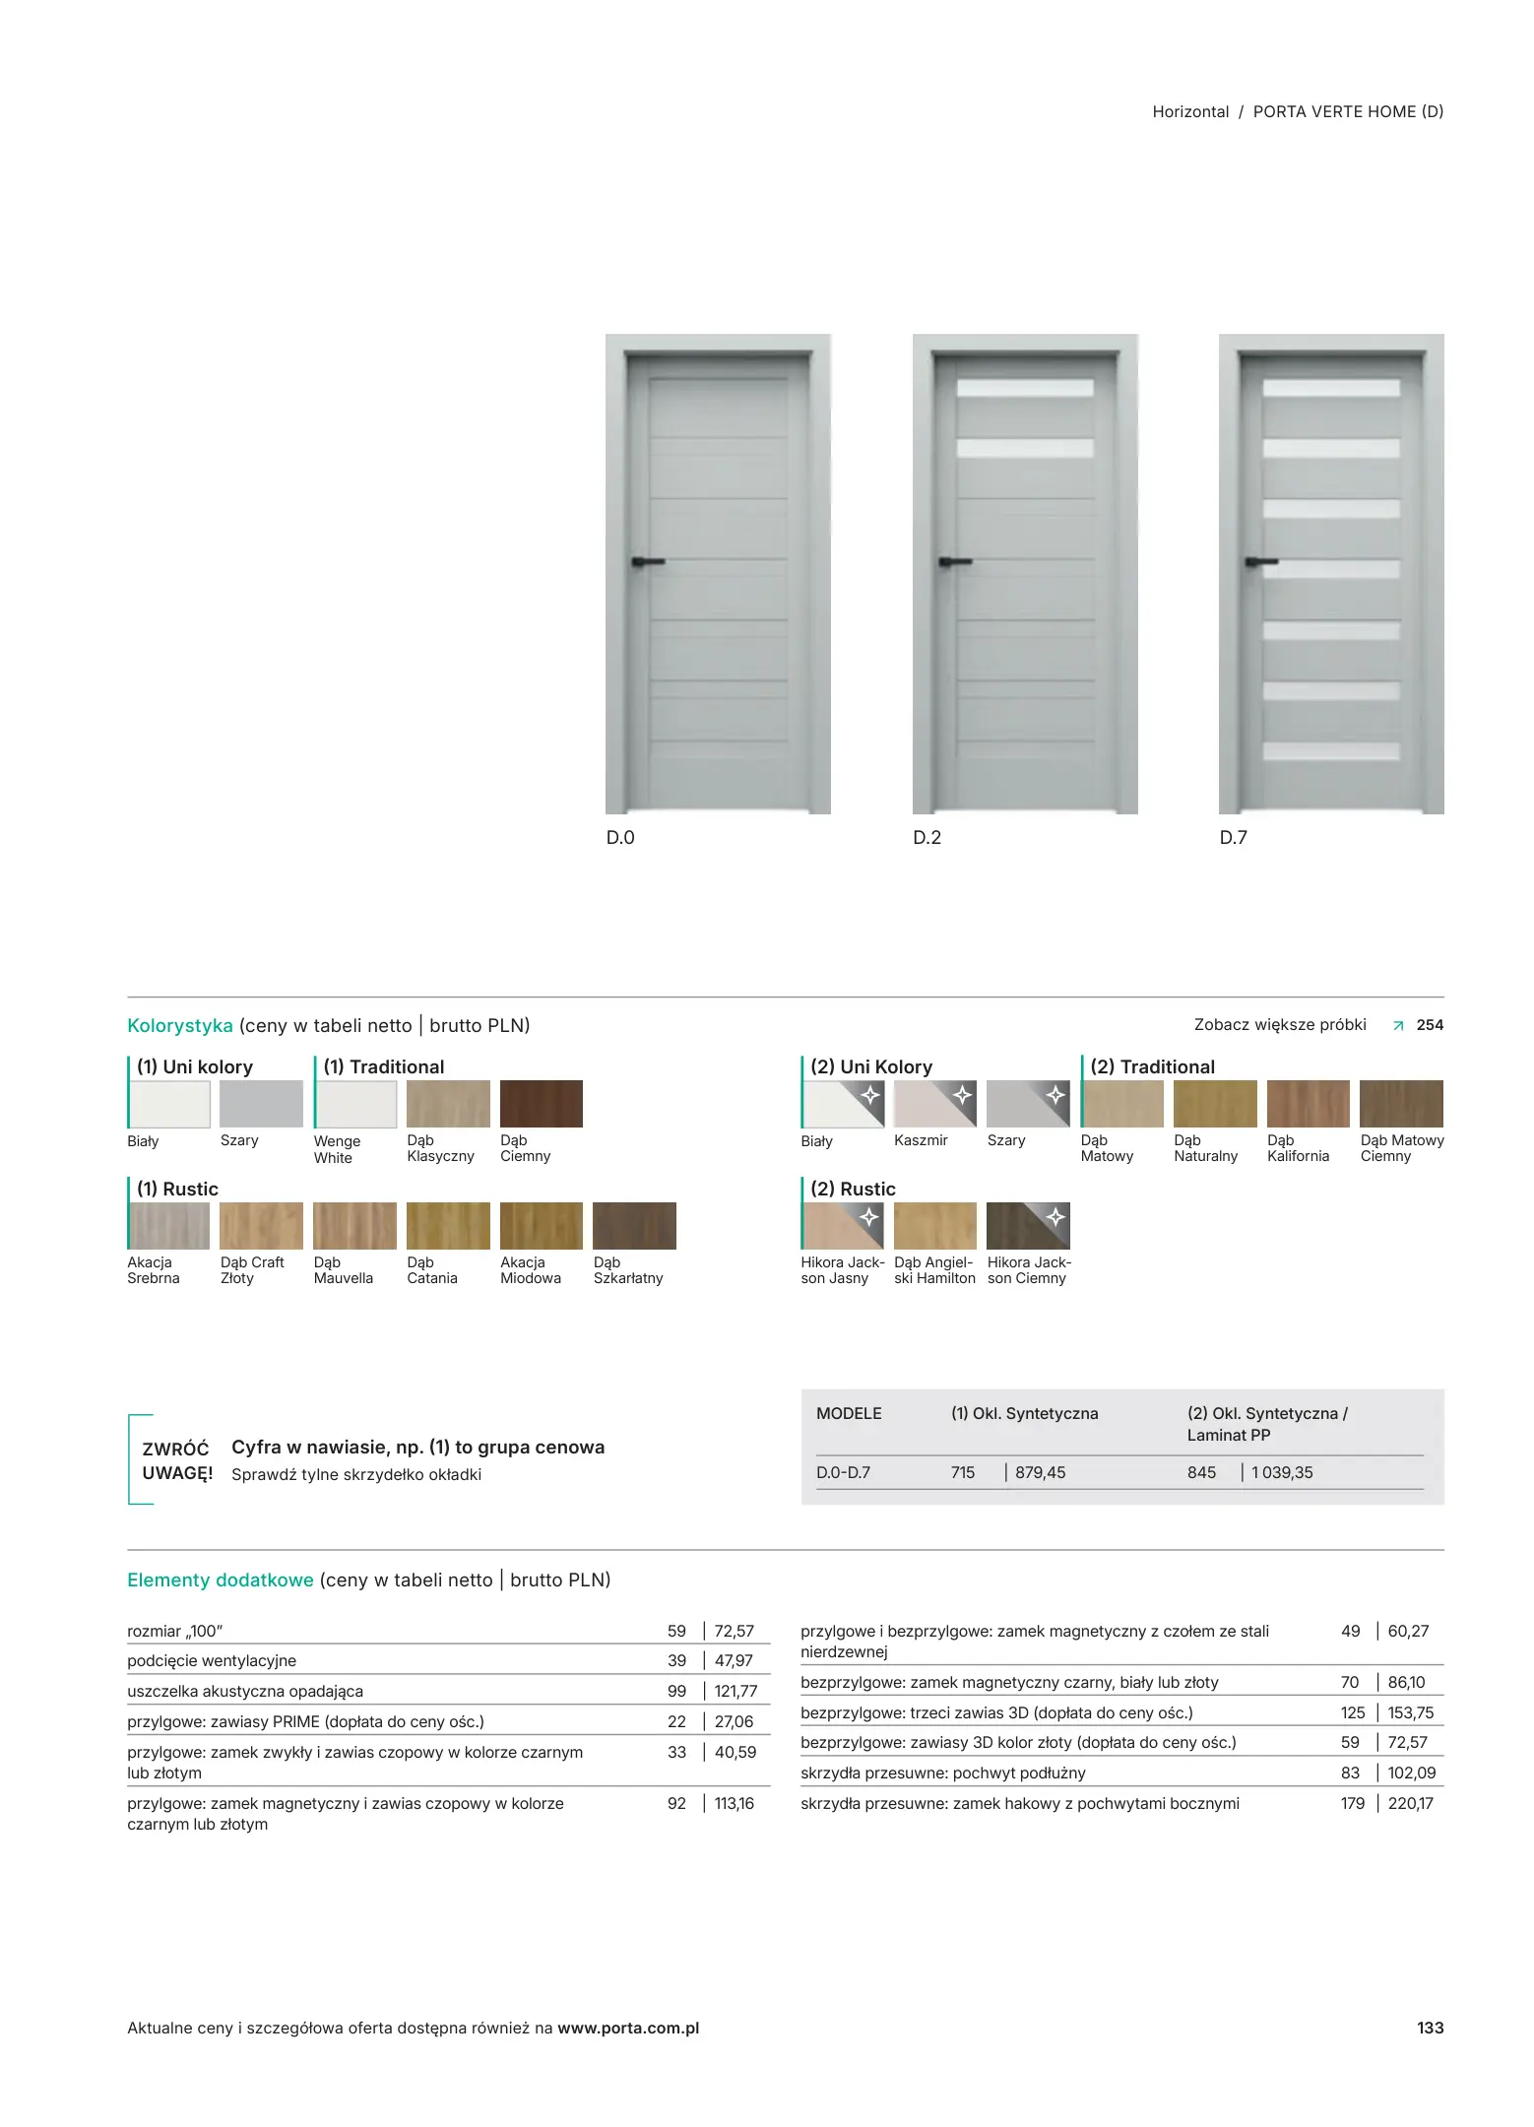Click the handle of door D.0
pos(647,562)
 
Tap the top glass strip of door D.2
pos(1025,388)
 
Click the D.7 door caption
pos(1233,838)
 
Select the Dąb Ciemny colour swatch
pos(541,1104)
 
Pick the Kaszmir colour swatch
pos(934,1104)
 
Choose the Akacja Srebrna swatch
pos(168,1226)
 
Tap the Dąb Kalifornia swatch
pos(1308,1104)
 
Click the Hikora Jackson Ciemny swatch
pos(1028,1226)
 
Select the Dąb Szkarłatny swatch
pos(634,1226)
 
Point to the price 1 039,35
pos(1282,1473)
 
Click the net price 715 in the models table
pos(963,1473)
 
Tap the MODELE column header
pos(849,1414)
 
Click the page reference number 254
pos(1430,1025)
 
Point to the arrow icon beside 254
pos(1398,1026)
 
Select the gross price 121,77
pos(735,1692)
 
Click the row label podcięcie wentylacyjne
pos(212,1661)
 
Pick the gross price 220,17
pos(1410,1804)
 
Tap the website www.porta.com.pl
pos(628,2029)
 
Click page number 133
pos(1430,2029)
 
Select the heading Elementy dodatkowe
pos(221,1580)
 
